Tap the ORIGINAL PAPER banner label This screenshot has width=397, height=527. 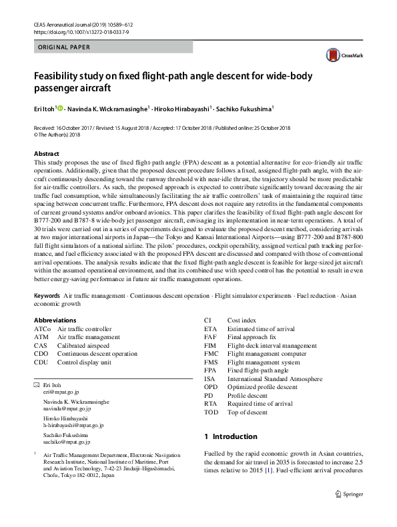(63, 47)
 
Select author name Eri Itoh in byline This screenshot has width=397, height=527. (45, 108)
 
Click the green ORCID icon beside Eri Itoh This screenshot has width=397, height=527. (61, 108)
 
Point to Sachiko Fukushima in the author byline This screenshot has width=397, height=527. (244, 108)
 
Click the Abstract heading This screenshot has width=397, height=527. (47, 153)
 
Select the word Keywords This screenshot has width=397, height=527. (47, 294)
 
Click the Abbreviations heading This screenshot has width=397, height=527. (55, 320)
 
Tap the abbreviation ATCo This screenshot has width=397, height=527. (42, 329)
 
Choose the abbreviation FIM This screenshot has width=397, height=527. (210, 345)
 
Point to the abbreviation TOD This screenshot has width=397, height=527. (211, 411)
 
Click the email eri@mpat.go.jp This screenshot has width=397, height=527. (61, 393)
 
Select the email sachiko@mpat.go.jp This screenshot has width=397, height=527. (67, 441)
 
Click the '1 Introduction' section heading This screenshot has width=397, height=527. (230, 436)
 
